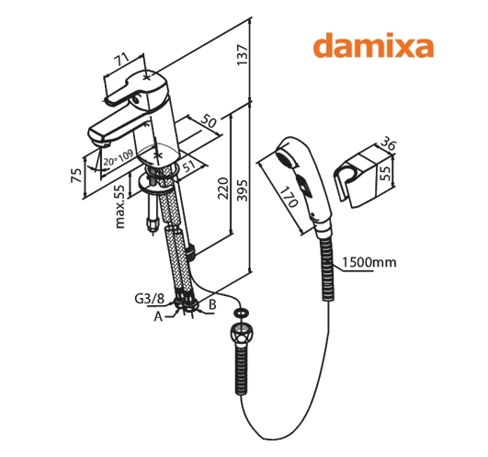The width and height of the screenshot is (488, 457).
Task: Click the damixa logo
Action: pos(373,45)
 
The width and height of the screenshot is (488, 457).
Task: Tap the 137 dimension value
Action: pos(243,55)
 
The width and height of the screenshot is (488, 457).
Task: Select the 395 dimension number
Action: pos(243,190)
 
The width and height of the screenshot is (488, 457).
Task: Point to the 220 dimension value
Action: pos(222,189)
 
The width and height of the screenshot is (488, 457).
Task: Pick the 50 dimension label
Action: pos(208,120)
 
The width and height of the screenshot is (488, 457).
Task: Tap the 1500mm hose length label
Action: pos(369,262)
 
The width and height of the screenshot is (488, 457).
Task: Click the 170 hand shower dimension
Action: pos(289,198)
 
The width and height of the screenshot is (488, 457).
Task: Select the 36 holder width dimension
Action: pos(389,144)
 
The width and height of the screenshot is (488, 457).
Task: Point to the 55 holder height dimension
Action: pos(385,173)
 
